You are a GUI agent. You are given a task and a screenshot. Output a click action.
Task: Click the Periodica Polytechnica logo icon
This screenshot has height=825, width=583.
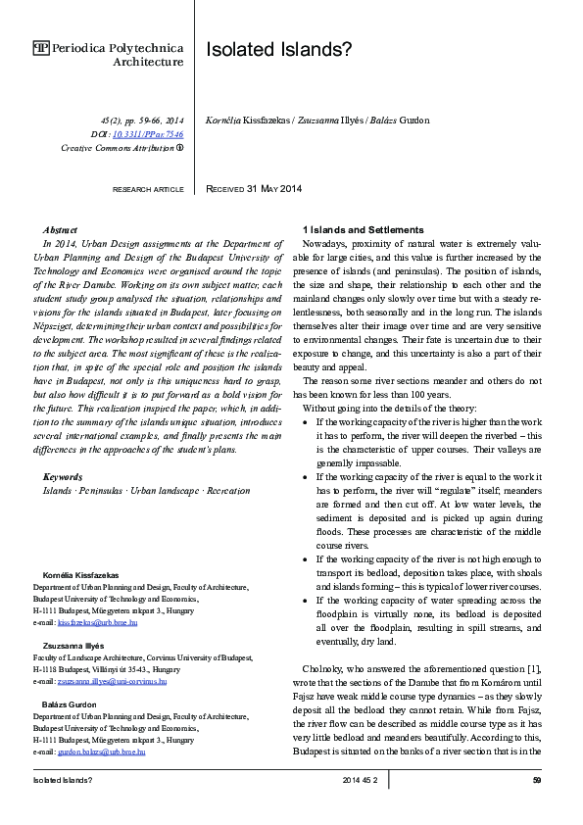pyautogui.click(x=41, y=47)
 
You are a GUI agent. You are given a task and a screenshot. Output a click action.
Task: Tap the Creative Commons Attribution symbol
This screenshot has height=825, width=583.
pyautogui.click(x=180, y=147)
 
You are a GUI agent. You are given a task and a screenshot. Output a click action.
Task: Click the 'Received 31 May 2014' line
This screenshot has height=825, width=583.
pyautogui.click(x=254, y=188)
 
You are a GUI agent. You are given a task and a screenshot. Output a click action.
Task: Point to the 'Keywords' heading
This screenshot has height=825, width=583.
pyautogui.click(x=63, y=476)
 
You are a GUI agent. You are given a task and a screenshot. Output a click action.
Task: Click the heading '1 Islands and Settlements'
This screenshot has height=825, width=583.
pyautogui.click(x=364, y=228)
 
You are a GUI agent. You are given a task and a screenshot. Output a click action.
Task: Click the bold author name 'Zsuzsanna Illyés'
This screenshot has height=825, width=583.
pyautogui.click(x=66, y=647)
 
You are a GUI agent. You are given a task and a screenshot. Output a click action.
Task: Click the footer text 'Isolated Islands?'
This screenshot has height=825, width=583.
pyautogui.click(x=63, y=780)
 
